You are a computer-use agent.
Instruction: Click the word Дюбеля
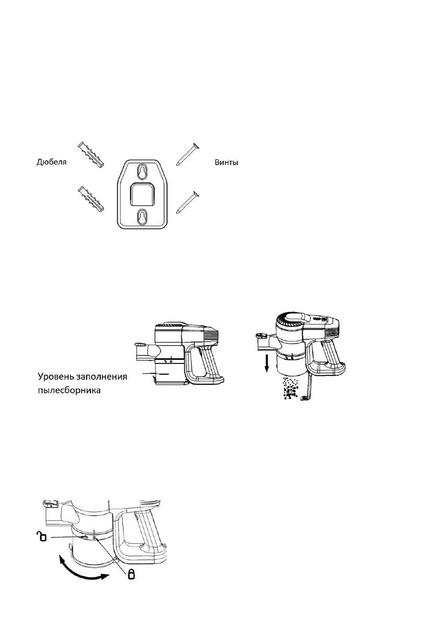click(52, 163)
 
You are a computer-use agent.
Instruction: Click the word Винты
click(227, 163)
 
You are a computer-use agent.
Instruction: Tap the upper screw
click(186, 155)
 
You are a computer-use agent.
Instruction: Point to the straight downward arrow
click(267, 362)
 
